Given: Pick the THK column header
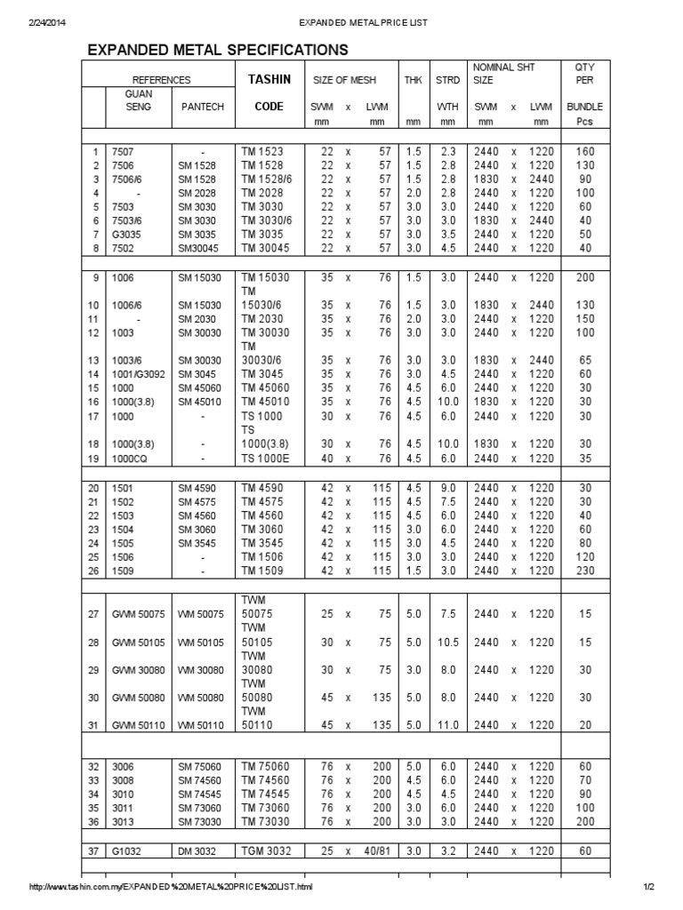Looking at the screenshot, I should pyautogui.click(x=413, y=80).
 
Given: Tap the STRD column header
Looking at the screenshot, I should pyautogui.click(x=447, y=80).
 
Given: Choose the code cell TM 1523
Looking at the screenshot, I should pyautogui.click(x=262, y=151).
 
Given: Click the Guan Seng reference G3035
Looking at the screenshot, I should pyautogui.click(x=126, y=234).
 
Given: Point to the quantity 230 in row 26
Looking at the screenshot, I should pyautogui.click(x=584, y=570).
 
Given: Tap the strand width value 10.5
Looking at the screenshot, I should pyautogui.click(x=447, y=643).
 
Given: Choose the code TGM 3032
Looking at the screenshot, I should pyautogui.click(x=267, y=850).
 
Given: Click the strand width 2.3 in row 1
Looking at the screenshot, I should pyautogui.click(x=447, y=151).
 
